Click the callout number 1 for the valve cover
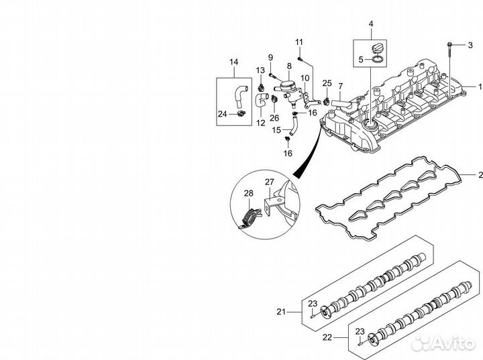point(479,87)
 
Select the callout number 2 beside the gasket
point(479,176)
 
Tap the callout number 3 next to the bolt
point(470,45)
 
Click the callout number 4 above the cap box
point(370,25)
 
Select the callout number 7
point(339,86)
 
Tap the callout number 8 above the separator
point(289,66)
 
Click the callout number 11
point(299,43)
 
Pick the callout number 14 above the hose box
point(234,62)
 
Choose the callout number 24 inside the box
point(221,114)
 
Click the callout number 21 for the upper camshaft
point(282,312)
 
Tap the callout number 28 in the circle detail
point(248,194)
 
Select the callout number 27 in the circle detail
point(269,182)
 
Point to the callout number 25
point(327,83)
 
